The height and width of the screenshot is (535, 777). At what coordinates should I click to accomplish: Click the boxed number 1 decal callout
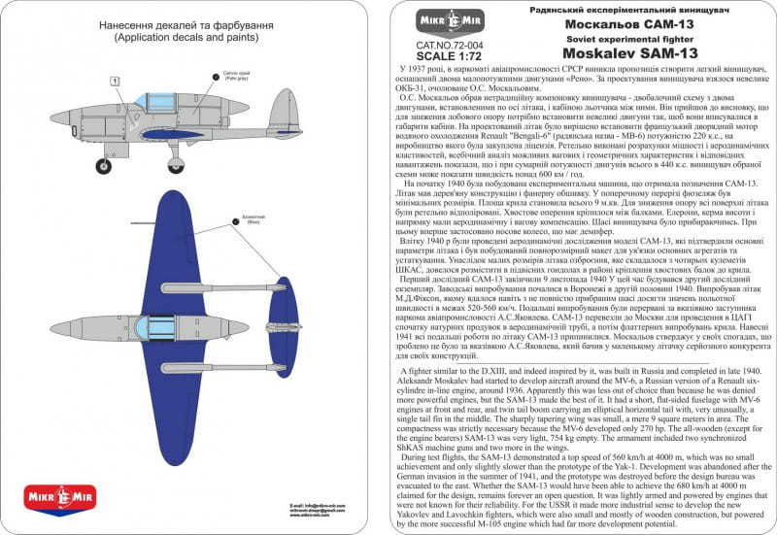[115, 81]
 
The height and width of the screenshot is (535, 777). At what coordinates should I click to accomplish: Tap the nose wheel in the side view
[104, 166]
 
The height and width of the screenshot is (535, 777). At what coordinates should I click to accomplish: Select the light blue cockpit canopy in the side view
[152, 101]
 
